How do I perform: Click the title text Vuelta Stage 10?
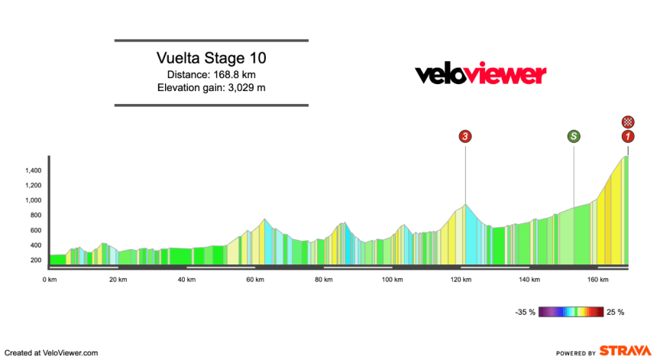211,58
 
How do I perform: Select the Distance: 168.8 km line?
211,74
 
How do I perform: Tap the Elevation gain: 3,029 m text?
211,87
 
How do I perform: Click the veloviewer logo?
481,73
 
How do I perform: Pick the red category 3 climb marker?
465,137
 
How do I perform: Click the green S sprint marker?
574,137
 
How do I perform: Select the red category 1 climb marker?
627,137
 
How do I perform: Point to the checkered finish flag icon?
627,121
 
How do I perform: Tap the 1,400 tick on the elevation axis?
31,170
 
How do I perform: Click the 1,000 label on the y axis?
31,200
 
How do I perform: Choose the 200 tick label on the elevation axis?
35,260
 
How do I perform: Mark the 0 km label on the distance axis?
50,280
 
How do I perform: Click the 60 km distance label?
255,280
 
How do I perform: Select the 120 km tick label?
461,280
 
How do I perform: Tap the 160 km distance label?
597,280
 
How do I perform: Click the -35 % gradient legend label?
525,312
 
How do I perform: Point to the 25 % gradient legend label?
615,312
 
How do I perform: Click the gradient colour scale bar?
570,312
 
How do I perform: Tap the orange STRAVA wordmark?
624,352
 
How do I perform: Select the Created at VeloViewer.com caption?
50,352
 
